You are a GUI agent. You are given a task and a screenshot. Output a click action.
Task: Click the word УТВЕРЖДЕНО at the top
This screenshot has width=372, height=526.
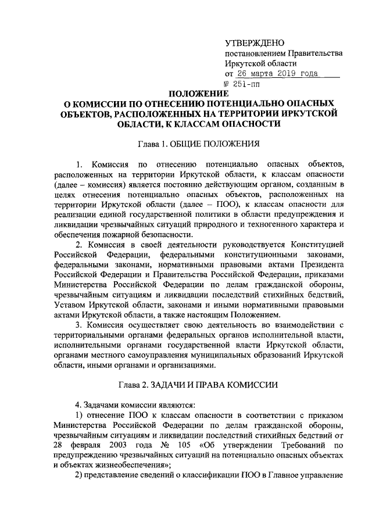tap(254, 44)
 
